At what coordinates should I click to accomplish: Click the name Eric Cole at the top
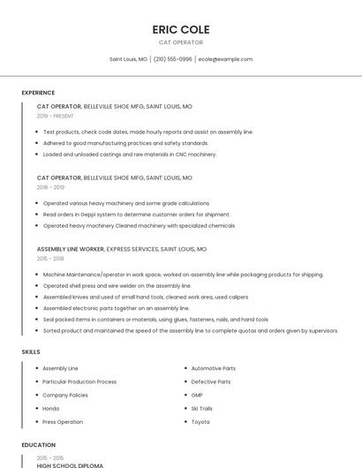[x=180, y=29]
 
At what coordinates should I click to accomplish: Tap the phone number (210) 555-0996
[x=172, y=59]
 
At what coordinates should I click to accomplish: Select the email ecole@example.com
[x=225, y=59]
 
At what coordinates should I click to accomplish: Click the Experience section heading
[x=38, y=93]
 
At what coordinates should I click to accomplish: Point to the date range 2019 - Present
[x=55, y=116]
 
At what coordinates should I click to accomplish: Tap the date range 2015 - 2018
[x=50, y=259]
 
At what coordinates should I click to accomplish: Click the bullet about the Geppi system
[x=136, y=215]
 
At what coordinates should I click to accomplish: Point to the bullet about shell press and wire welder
[x=117, y=286]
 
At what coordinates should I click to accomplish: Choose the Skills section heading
[x=31, y=351]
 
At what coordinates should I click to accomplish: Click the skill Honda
[x=51, y=408]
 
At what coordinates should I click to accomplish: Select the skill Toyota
[x=200, y=421]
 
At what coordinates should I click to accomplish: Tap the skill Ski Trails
[x=202, y=408]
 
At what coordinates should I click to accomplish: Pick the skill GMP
[x=197, y=395]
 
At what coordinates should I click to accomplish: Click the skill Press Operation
[x=63, y=421]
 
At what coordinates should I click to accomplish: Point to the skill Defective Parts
[x=211, y=381]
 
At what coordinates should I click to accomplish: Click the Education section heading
[x=38, y=445]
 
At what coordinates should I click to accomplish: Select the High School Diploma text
[x=70, y=464]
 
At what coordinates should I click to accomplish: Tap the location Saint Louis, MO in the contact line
[x=128, y=59]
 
